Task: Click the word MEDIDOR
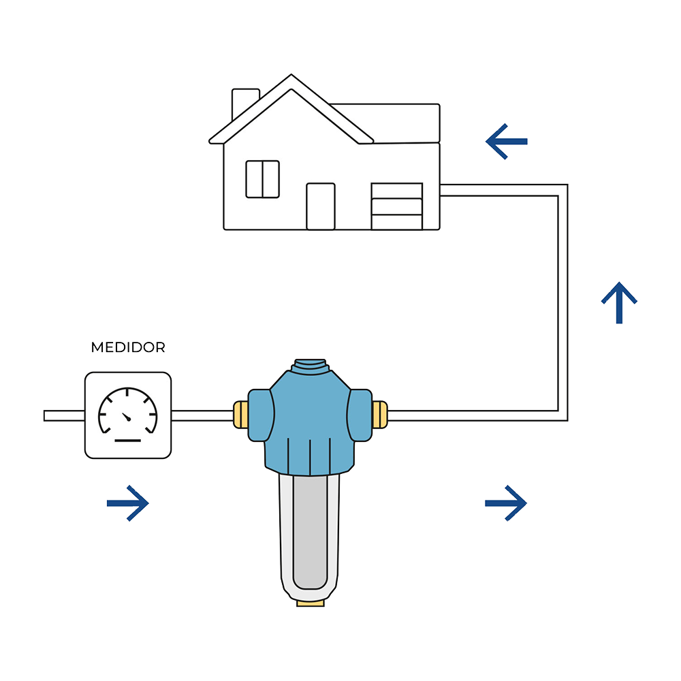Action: point(128,347)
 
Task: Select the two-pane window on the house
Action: point(263,179)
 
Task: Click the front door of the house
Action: point(321,206)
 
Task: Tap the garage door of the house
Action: point(397,206)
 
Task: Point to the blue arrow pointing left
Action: point(507,142)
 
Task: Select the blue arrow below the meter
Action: point(128,503)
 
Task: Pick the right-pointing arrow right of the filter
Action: point(506,503)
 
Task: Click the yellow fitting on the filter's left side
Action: point(240,415)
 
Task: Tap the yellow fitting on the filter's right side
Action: point(380,415)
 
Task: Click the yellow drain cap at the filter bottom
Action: point(311,602)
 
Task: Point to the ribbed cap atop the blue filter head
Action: point(310,368)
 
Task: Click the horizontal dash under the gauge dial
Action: point(127,441)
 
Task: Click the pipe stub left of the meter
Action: point(64,415)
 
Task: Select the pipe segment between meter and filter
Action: point(202,415)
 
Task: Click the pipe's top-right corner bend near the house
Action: point(563,190)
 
